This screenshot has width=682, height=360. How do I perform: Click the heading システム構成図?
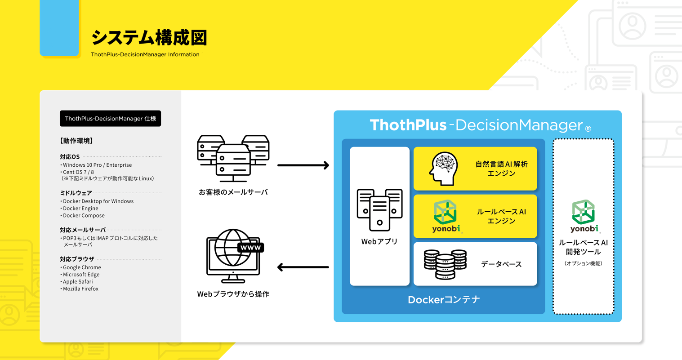pyautogui.click(x=149, y=38)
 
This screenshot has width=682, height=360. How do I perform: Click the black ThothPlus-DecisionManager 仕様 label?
pyautogui.click(x=110, y=118)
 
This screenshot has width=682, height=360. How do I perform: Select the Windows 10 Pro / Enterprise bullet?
pyautogui.click(x=96, y=165)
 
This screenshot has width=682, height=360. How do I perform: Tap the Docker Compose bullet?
pyautogui.click(x=83, y=215)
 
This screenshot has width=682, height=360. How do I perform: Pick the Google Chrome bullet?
pyautogui.click(x=80, y=267)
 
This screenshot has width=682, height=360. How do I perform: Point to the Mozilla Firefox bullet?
pyautogui.click(x=80, y=289)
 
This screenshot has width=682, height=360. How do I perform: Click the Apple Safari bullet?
pyautogui.click(x=77, y=281)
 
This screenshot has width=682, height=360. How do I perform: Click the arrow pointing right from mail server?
pyautogui.click(x=303, y=165)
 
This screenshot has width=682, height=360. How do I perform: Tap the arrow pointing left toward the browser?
pyautogui.click(x=303, y=267)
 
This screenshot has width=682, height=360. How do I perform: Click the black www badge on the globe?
pyautogui.click(x=250, y=248)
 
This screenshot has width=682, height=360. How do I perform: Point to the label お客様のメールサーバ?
pyautogui.click(x=233, y=192)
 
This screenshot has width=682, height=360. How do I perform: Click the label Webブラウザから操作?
pyautogui.click(x=233, y=294)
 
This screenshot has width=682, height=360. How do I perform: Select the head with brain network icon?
pyautogui.click(x=444, y=169)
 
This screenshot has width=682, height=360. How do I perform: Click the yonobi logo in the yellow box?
pyautogui.click(x=446, y=216)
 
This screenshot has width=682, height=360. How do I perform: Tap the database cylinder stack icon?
pyautogui.click(x=445, y=264)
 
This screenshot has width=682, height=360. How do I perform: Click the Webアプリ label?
pyautogui.click(x=379, y=242)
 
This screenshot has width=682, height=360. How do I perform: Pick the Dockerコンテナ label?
pyautogui.click(x=444, y=300)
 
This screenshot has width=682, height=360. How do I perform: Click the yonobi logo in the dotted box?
pyautogui.click(x=584, y=216)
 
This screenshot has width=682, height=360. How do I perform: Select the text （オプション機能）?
pyautogui.click(x=584, y=263)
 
